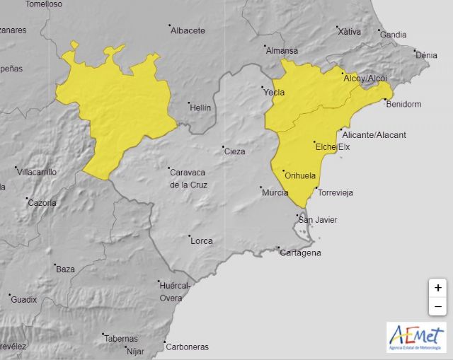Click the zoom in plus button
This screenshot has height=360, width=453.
click(x=438, y=288)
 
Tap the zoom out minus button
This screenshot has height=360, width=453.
click(x=438, y=306)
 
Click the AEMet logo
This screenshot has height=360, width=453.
click(x=416, y=337)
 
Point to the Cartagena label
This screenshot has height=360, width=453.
click(x=301, y=253)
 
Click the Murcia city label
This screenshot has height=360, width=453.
click(x=275, y=192)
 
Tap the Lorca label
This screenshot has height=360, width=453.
click(x=202, y=240)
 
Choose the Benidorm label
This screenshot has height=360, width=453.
click(x=404, y=105)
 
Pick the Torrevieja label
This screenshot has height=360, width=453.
click(x=336, y=192)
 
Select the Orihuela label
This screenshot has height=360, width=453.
click(x=299, y=175)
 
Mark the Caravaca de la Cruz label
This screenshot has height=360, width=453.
click(x=188, y=178)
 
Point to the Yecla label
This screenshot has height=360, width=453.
click(x=273, y=92)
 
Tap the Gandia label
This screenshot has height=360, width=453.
click(x=394, y=35)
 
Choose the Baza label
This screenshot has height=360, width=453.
click(x=65, y=269)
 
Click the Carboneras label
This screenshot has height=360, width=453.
click(x=187, y=347)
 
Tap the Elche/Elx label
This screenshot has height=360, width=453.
click(x=333, y=146)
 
